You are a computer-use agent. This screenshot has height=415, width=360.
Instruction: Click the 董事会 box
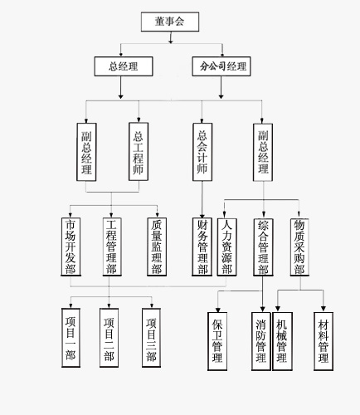[x=170, y=22]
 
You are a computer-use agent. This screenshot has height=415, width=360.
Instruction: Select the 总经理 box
[x=124, y=66]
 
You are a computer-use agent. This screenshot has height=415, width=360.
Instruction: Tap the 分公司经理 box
[x=221, y=66]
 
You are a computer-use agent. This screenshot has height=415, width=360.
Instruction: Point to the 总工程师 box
[x=139, y=152]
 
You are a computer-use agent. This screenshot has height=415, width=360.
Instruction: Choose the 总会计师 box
[x=202, y=152]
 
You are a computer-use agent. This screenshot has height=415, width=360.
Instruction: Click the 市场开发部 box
[x=71, y=247]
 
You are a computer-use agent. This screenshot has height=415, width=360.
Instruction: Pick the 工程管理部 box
[x=112, y=247]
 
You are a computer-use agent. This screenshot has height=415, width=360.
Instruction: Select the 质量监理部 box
[x=157, y=247]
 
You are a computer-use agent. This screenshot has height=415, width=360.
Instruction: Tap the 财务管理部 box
[x=202, y=247]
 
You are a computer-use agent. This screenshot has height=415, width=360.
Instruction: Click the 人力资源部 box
[x=226, y=247]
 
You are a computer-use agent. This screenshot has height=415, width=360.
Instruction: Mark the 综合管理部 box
[x=263, y=247]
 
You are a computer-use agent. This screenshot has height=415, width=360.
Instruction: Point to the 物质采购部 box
[x=299, y=247]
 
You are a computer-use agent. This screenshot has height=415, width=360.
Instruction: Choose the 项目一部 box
[x=71, y=338]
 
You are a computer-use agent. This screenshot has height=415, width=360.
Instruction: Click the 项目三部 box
[x=151, y=338]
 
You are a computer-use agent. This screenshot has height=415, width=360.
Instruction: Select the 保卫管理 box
[x=217, y=341]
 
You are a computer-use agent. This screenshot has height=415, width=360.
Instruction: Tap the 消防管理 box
[x=261, y=341]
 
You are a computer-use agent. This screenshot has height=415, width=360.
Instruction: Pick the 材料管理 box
[x=324, y=341]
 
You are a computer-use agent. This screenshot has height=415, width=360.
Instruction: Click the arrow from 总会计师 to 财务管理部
[x=202, y=199]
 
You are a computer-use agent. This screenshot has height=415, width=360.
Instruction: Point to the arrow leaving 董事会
[x=171, y=37]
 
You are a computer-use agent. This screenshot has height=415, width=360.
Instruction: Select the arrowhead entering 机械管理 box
[x=278, y=309]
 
